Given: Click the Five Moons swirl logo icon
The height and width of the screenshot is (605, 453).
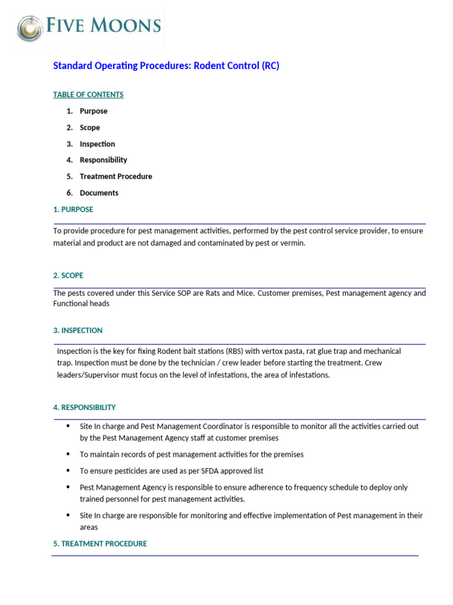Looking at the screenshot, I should (x=29, y=28).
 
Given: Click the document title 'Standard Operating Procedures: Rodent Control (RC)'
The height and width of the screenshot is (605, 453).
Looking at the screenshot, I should (x=166, y=66).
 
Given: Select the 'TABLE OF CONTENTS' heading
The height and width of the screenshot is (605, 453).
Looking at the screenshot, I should (x=88, y=95).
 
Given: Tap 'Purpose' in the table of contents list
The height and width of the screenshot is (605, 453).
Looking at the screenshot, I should (x=93, y=111).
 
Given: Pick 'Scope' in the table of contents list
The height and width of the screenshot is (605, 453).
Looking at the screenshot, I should (x=90, y=128).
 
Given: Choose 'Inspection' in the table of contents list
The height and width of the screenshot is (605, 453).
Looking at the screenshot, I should (x=97, y=144).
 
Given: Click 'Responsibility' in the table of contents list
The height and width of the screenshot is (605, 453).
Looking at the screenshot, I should (x=103, y=160).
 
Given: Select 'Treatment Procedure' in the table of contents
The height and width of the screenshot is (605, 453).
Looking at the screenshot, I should (x=116, y=177).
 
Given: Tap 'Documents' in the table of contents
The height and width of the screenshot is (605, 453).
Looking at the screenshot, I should (x=99, y=193).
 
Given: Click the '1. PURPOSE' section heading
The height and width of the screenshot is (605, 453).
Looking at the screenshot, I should (x=73, y=209).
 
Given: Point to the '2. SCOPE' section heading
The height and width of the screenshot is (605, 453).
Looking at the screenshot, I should (x=68, y=275).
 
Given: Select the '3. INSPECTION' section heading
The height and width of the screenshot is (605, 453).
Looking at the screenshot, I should (x=77, y=330).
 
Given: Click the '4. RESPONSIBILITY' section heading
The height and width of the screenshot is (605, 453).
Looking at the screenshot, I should (x=84, y=408).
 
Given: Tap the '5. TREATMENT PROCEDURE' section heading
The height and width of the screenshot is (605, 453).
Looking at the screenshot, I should (x=100, y=544).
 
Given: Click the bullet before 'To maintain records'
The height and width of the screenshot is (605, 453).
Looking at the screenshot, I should (x=68, y=454).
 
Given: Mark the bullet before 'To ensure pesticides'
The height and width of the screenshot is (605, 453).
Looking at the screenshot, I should (x=68, y=471).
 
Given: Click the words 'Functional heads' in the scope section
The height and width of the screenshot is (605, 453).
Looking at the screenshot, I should (x=81, y=304).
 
